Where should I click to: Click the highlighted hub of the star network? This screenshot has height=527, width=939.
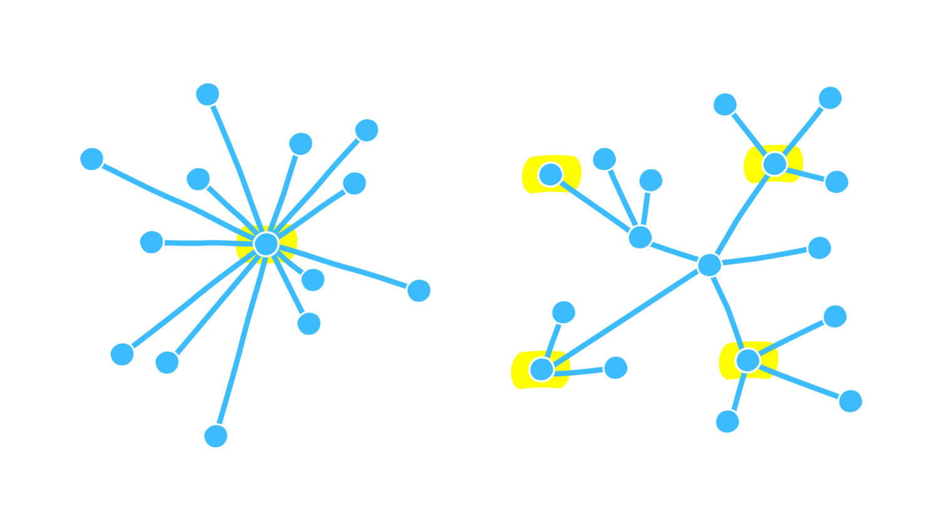pos(266,244)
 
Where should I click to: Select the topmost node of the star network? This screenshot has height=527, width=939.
pos(207,95)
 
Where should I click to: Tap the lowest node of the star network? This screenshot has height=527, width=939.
pos(216,436)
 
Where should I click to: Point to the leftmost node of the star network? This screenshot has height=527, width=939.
pos(92,159)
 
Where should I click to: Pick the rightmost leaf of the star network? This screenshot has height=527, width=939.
pos(419,290)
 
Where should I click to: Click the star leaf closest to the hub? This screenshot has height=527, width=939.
pos(313,280)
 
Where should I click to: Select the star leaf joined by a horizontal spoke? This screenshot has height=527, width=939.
pos(151,242)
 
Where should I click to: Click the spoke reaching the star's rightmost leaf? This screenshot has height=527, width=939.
pos(344,267)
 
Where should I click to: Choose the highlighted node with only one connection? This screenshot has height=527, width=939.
pos(550,174)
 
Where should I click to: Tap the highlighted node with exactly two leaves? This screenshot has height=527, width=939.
pos(541,369)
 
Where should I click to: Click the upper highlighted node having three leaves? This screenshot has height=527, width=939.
pos(774,164)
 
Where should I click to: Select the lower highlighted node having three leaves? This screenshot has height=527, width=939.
pos(747,361)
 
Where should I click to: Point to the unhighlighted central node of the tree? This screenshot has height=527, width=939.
pos(709,265)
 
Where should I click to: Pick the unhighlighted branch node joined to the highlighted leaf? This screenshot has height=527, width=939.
pos(640,237)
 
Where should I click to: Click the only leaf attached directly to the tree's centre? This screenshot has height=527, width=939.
pos(819,248)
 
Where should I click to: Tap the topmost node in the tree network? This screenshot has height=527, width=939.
pos(830,98)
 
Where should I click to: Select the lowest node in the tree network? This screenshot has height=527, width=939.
pos(727,421)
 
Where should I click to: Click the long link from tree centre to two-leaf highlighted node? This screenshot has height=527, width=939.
pos(626,317)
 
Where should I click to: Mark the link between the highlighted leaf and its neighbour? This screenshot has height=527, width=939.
pos(595,206)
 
